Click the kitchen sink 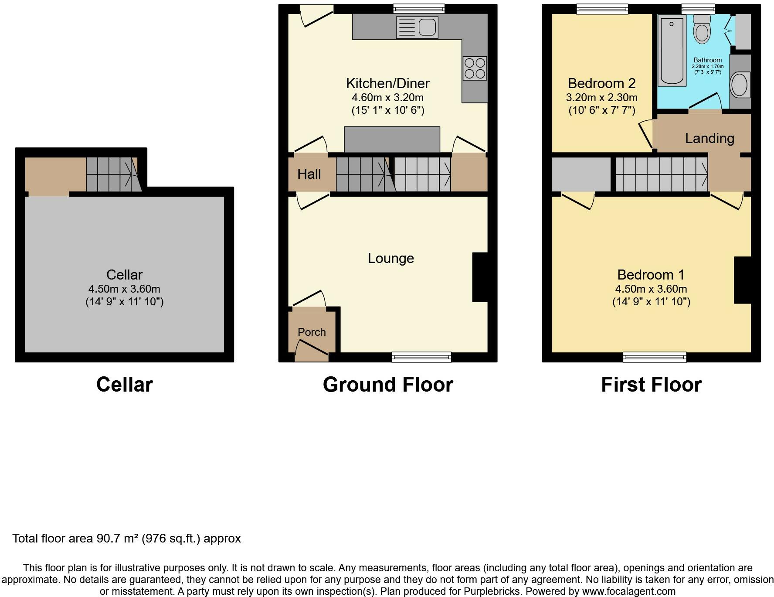(x=417, y=27)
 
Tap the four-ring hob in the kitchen (x=475, y=68)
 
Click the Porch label (x=312, y=332)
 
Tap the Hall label (x=309, y=174)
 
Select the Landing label (x=709, y=138)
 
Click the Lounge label (x=391, y=258)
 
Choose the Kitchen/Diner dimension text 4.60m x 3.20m (x=388, y=97)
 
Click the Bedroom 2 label (x=602, y=83)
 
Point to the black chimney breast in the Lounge (x=480, y=277)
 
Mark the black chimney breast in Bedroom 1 (x=743, y=280)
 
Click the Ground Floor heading (x=388, y=385)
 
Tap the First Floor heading (x=651, y=385)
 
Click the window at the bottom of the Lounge (x=421, y=357)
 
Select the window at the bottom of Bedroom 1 (x=655, y=357)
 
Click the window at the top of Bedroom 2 (x=602, y=9)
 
